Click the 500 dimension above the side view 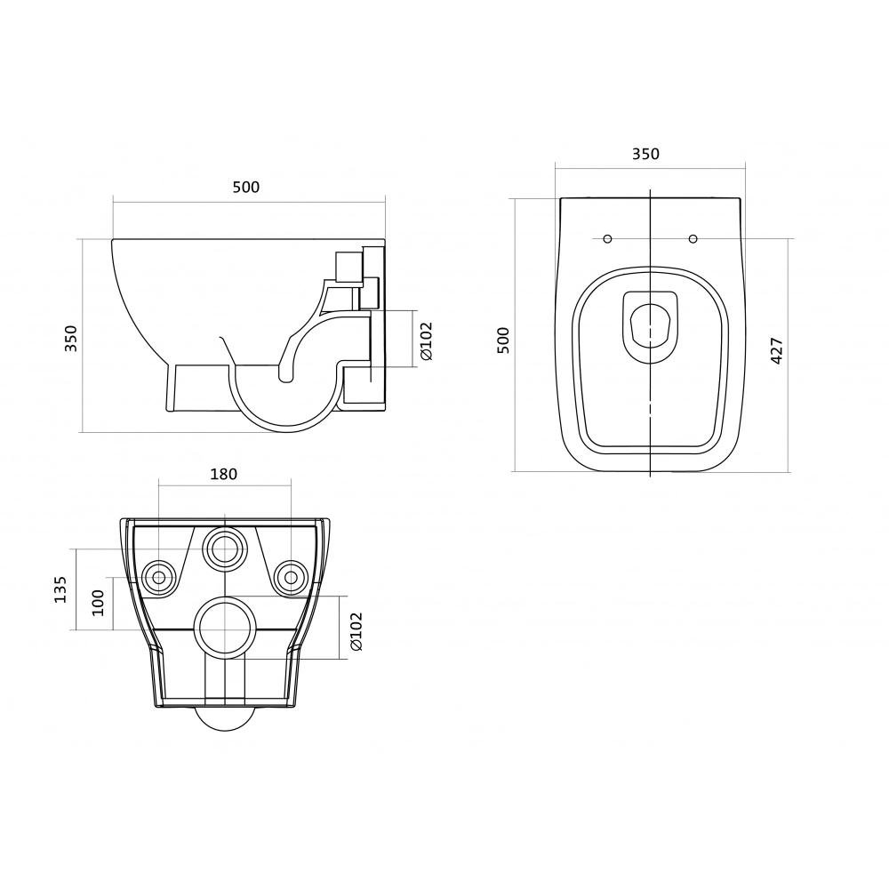pos(246,187)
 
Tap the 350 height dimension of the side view pos(70,338)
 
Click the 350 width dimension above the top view pos(645,154)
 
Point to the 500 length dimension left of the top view pos(503,340)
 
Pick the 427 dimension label pos(777,351)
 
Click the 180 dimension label pos(224,474)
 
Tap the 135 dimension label pos(60,589)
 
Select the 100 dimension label pos(98,603)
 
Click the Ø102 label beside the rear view pos(356,631)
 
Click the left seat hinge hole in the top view pos(607,238)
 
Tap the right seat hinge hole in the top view pos(693,238)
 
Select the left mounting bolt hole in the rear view pos(159,577)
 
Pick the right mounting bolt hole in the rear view pos(291,577)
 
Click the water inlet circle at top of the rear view pos(226,548)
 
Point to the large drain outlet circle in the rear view pos(226,628)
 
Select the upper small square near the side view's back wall pos(348,266)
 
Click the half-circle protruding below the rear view pos(226,719)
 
